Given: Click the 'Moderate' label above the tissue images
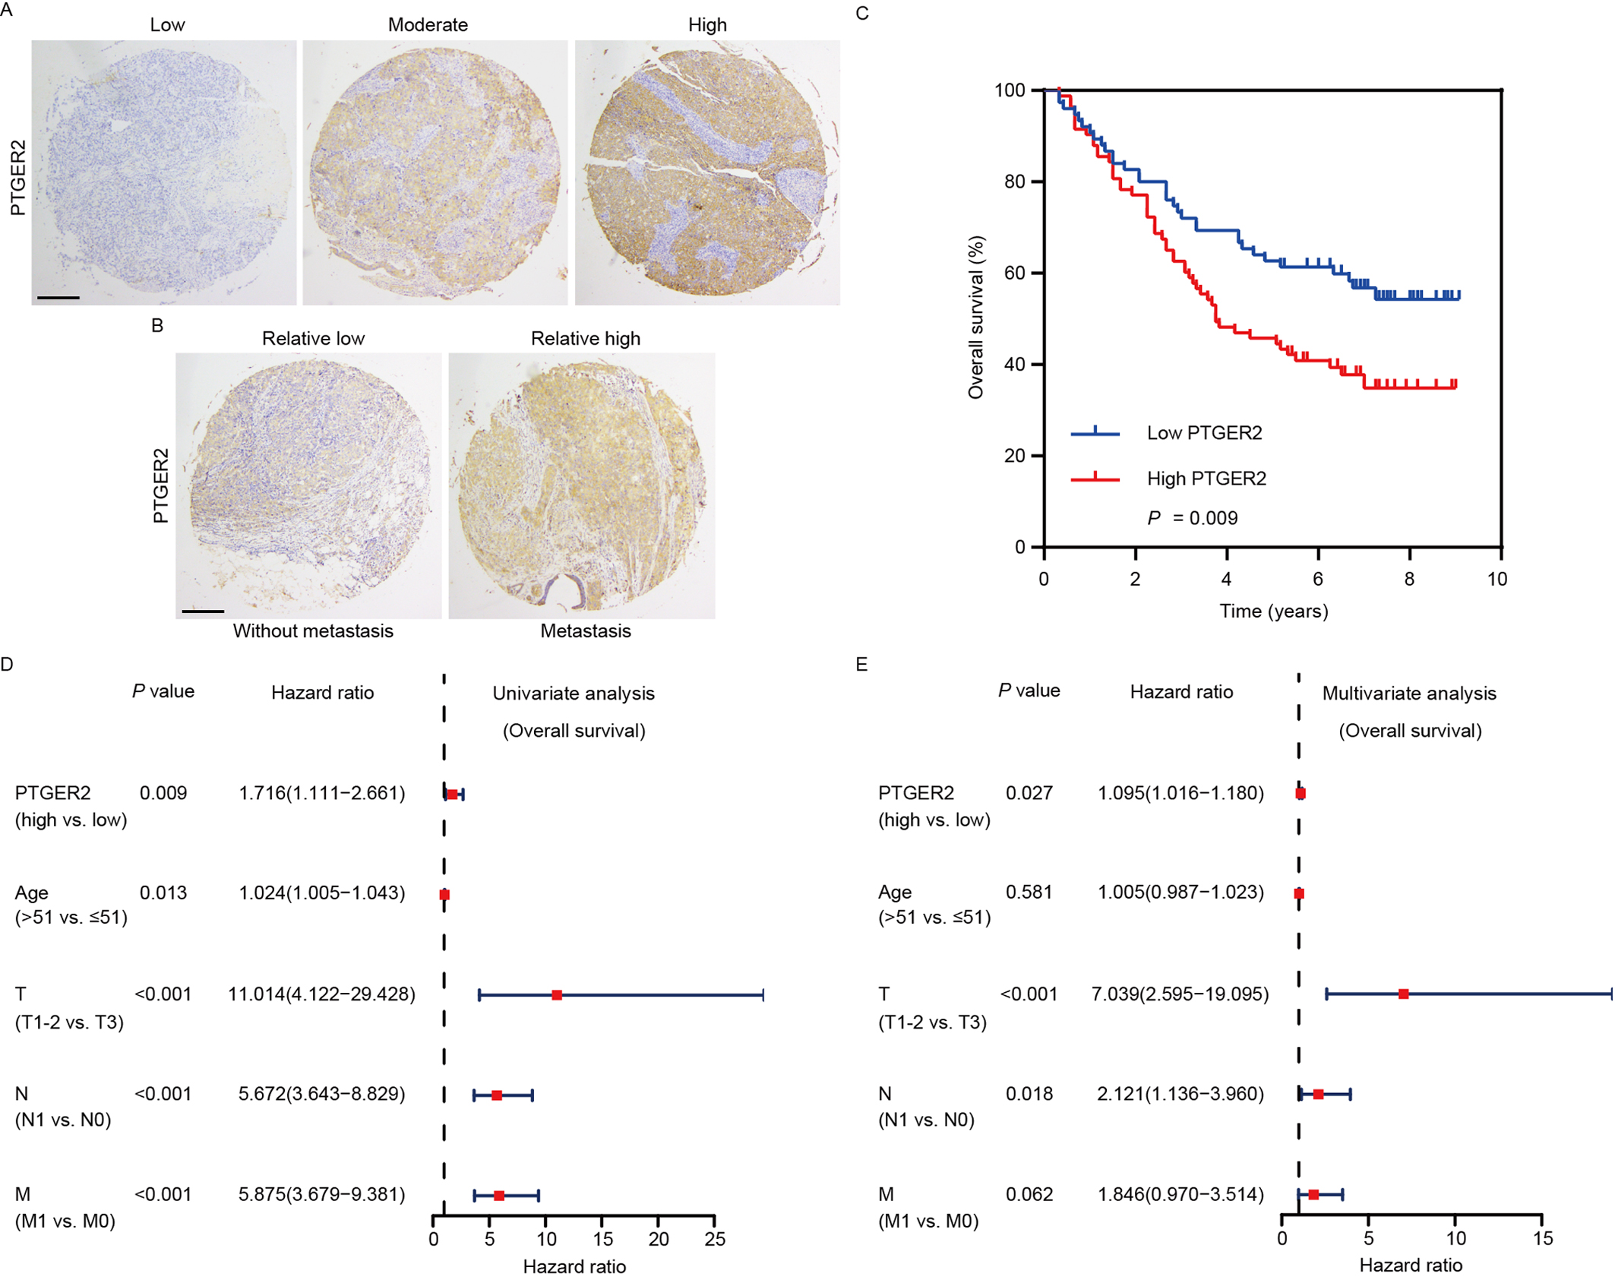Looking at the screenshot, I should coord(428,25).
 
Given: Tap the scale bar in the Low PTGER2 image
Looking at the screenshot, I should coord(58,298).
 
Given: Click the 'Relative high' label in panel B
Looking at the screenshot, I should coord(585,339).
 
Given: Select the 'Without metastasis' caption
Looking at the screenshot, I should coord(313,631).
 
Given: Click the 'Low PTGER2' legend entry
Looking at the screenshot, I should coord(1204,433).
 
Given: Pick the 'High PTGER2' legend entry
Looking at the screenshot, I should coord(1206,479).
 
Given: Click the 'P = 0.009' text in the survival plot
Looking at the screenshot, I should coord(1192,518).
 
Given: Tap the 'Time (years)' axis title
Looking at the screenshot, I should coord(1273,612).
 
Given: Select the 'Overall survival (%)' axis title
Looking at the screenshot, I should coord(976,318).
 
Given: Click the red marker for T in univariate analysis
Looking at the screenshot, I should coord(557,995).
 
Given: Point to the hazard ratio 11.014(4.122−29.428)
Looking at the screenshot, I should coord(322,994).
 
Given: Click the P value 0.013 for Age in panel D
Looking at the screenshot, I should coord(163,893).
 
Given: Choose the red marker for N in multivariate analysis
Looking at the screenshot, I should coord(1318,1095).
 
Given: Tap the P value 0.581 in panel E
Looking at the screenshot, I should coord(1029,892).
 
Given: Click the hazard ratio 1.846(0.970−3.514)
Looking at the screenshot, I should coord(1180,1195).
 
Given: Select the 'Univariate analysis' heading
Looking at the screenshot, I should coord(574,694).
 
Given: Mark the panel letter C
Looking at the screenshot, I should coord(861,14).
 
